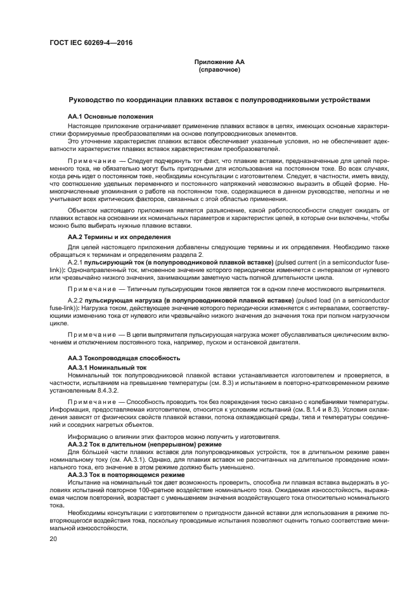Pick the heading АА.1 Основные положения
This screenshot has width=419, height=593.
pyautogui.click(x=110, y=117)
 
